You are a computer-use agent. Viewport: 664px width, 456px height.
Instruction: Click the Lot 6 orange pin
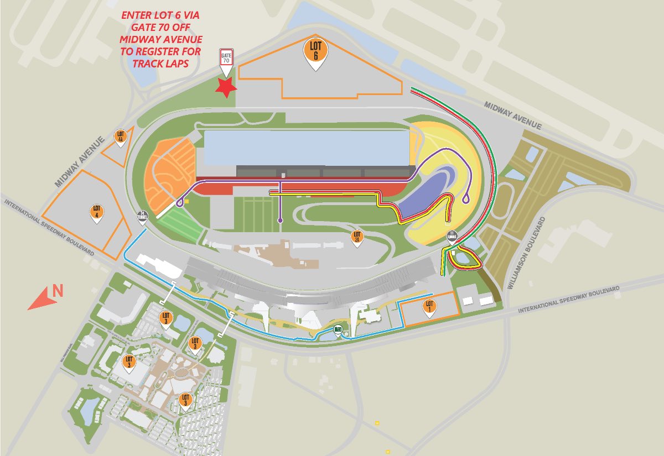[x=315, y=51]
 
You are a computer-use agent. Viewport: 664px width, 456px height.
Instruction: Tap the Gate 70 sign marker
[x=226, y=59]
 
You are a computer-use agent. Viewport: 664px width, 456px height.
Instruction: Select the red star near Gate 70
[x=226, y=87]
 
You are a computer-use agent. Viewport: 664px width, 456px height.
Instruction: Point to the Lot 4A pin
[x=121, y=137]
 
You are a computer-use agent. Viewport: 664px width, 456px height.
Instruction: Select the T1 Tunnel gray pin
[x=452, y=237]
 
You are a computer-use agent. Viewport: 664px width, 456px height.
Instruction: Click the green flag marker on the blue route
[x=338, y=330]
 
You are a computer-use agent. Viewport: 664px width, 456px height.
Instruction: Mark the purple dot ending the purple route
[x=280, y=221]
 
